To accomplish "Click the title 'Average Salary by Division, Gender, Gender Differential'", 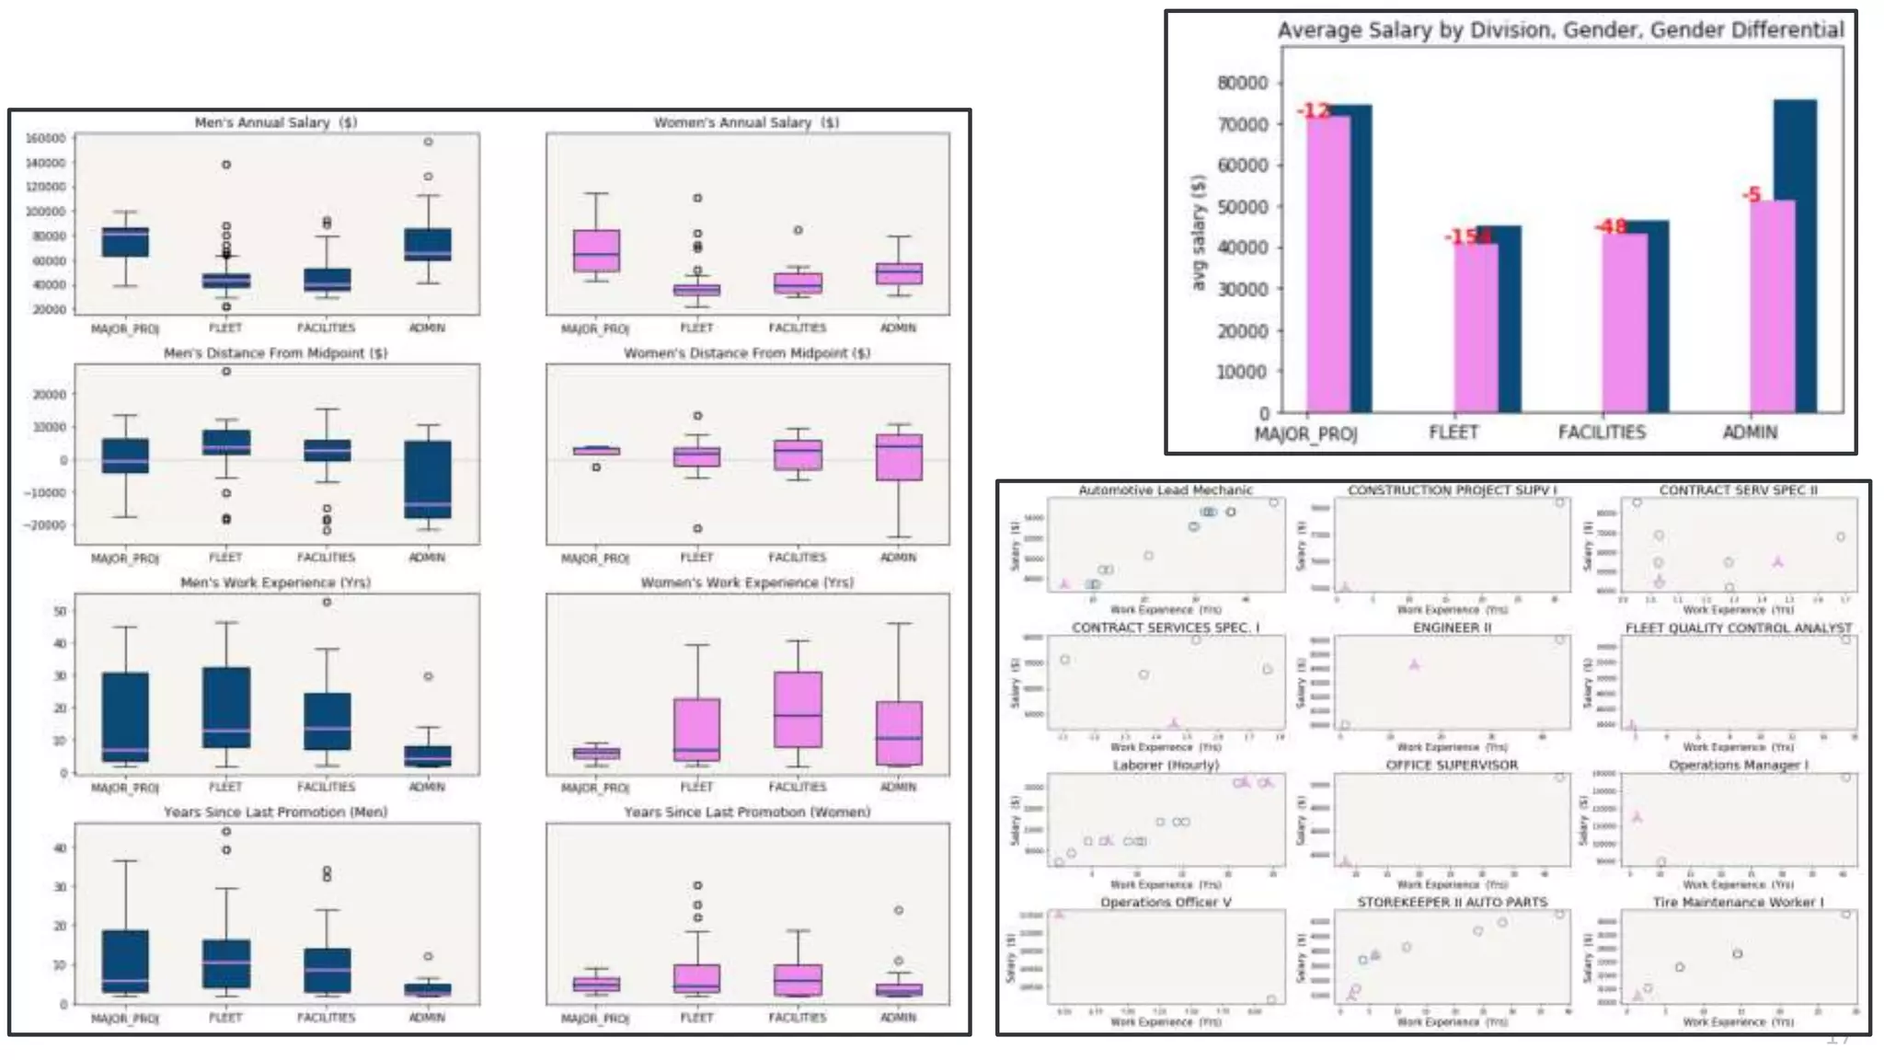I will point(1560,30).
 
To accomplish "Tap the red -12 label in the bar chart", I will point(1314,110).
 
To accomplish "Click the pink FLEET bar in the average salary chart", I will point(1476,327).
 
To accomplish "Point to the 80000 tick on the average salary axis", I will point(1242,83).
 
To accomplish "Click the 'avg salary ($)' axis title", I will point(1198,232).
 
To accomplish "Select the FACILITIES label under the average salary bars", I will point(1602,432).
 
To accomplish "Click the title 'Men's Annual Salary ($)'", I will point(275,122).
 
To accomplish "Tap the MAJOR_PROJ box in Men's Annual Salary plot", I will point(125,242).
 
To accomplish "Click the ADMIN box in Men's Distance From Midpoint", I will point(428,479).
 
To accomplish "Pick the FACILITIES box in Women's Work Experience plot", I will point(798,709).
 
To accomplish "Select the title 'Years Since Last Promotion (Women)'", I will point(747,812).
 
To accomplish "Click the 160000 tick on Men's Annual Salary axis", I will point(46,139).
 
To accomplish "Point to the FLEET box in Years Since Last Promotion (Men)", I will point(226,963).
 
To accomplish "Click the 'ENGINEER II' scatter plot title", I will point(1452,628).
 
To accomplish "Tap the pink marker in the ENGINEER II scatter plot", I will point(1415,663).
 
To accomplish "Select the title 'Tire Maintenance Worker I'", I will point(1738,903).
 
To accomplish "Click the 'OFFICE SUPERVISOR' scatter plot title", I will point(1452,765).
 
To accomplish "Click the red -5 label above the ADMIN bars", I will point(1752,194).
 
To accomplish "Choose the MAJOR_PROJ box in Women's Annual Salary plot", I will point(596,250).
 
